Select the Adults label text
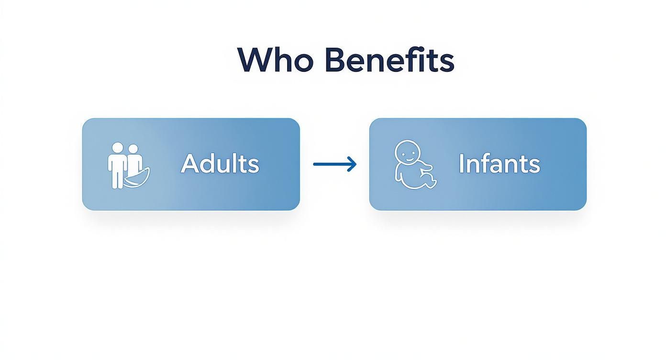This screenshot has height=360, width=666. pyautogui.click(x=220, y=163)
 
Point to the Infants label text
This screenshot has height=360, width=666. pyautogui.click(x=499, y=163)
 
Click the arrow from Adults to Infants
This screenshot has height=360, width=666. pyautogui.click(x=335, y=164)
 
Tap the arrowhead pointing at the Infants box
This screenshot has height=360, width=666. pyautogui.click(x=352, y=164)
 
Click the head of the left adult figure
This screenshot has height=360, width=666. pyautogui.click(x=117, y=147)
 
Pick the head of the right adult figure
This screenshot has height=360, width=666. pyautogui.click(x=133, y=149)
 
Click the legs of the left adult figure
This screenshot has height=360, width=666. pyautogui.click(x=117, y=178)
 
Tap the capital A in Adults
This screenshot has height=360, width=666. pyautogui.click(x=189, y=163)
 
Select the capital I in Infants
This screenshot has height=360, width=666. pyautogui.click(x=461, y=163)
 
